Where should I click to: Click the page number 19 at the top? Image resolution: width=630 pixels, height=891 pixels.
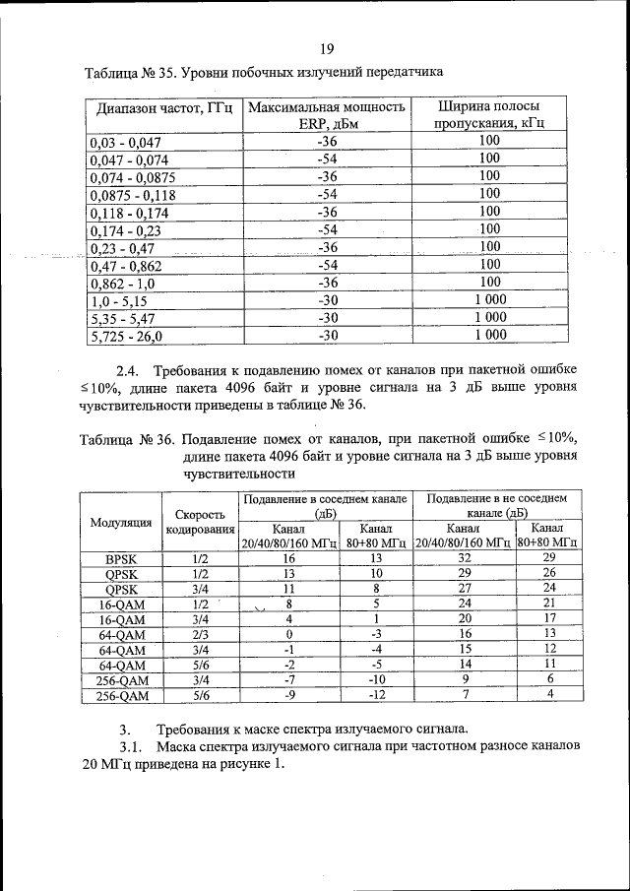[x=327, y=49]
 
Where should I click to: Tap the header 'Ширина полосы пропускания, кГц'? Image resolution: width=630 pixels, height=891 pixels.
[x=489, y=114]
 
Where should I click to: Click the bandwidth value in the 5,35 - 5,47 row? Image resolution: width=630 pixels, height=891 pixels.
[x=489, y=318]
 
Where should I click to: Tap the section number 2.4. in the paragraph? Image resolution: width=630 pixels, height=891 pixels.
[x=130, y=370]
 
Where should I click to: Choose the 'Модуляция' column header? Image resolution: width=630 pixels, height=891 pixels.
[x=121, y=522]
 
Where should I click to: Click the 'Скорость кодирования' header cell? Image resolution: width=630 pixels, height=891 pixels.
[x=200, y=522]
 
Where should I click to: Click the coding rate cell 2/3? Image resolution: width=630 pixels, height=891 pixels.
[x=201, y=634]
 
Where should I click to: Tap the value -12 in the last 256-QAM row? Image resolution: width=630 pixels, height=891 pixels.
[x=376, y=695]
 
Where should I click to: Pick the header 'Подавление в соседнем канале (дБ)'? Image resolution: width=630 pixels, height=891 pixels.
[x=326, y=506]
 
